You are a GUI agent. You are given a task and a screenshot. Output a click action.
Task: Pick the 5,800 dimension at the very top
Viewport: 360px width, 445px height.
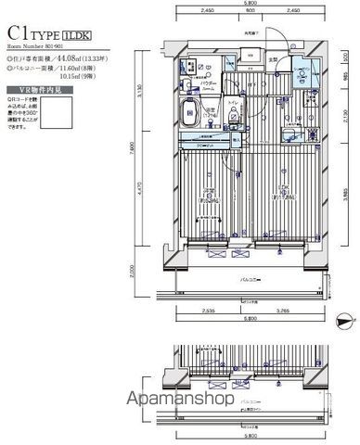[x=246, y=4]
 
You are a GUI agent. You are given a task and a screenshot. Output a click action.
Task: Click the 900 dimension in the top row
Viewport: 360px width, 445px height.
[x=246, y=12]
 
